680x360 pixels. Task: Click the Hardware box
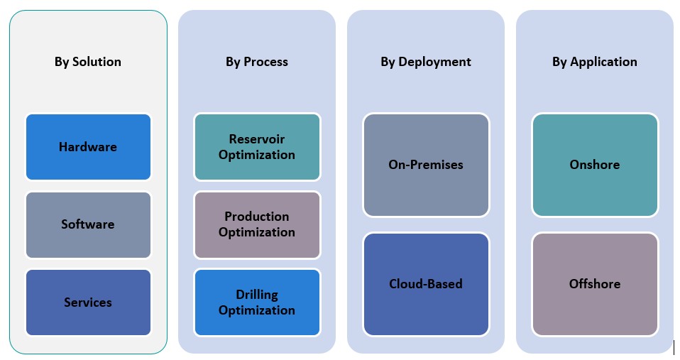point(88,147)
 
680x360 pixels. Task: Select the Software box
point(88,224)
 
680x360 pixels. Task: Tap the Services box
point(88,302)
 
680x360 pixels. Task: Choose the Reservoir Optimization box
point(257,147)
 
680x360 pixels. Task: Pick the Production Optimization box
point(257,224)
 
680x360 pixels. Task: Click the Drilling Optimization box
point(257,302)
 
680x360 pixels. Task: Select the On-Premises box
point(426,165)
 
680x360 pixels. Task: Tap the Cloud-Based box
point(426,284)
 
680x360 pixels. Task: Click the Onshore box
point(595,165)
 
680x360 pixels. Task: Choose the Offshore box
point(595,284)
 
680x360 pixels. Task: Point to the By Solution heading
point(88,62)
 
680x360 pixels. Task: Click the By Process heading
point(257,62)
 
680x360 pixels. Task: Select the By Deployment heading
point(426,62)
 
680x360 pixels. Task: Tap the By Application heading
point(595,62)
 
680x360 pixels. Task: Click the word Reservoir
point(257,139)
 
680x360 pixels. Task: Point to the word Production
point(257,217)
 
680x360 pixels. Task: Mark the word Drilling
point(257,294)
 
